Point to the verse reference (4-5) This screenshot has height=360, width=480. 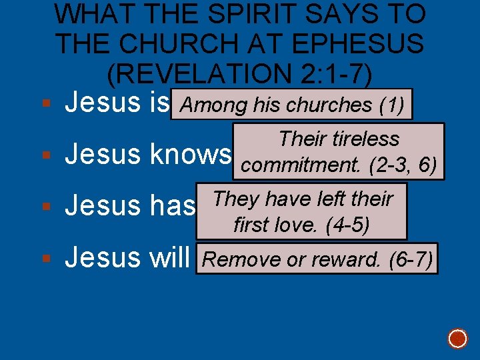[x=345, y=225]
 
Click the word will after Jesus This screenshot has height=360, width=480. [x=169, y=257]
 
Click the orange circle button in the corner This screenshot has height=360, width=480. [x=457, y=339]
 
